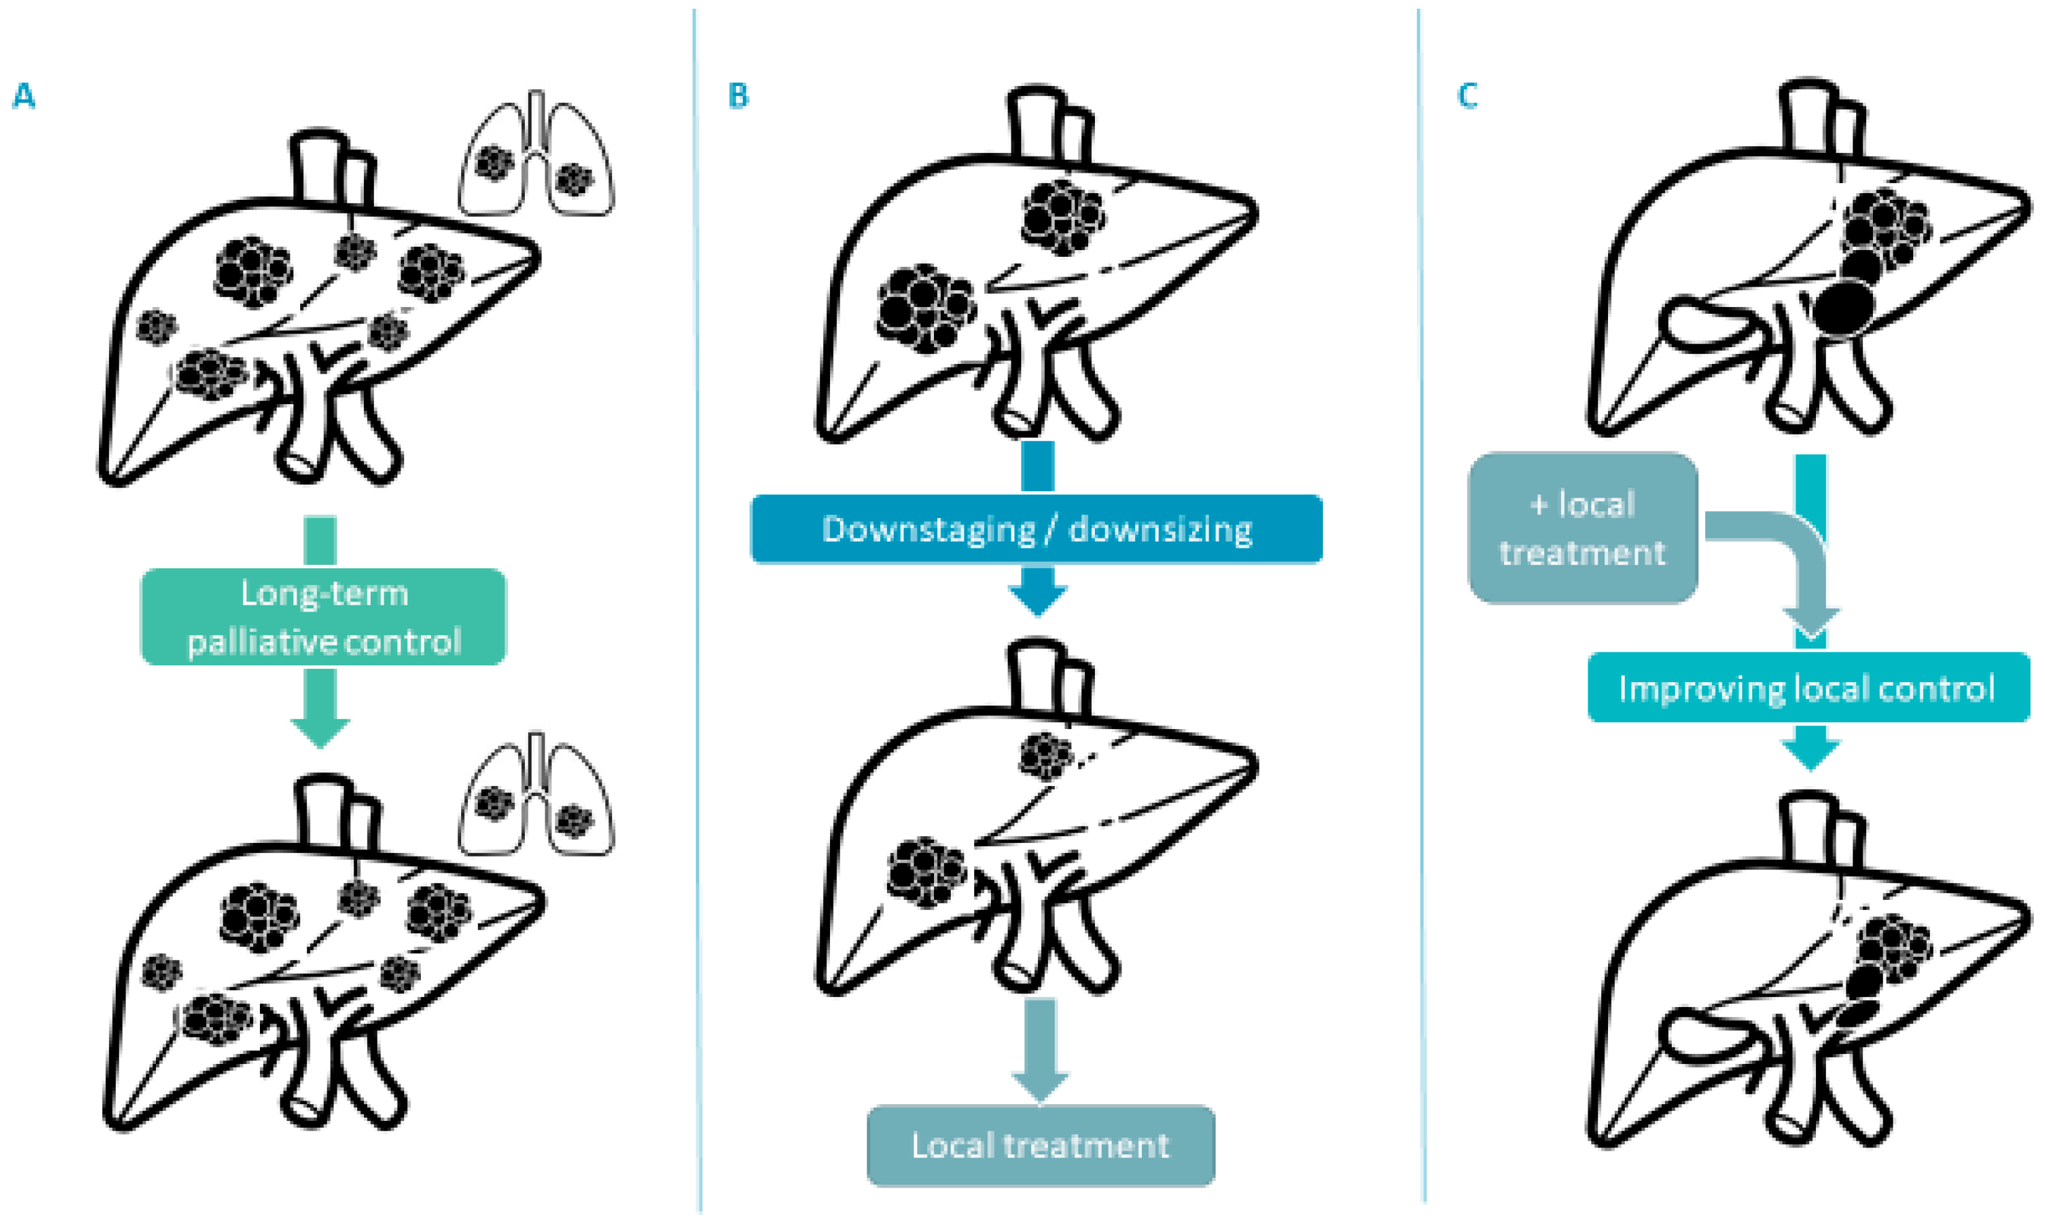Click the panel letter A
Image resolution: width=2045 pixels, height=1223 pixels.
click(x=24, y=97)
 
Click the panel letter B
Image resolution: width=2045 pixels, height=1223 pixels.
click(x=738, y=97)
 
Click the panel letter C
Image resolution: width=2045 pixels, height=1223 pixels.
click(x=1468, y=97)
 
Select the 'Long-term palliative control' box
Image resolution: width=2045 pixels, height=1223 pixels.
click(x=323, y=616)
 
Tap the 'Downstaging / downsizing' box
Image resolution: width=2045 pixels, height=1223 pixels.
click(x=1037, y=529)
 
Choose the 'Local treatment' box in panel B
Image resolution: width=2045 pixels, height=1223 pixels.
click(x=1040, y=1145)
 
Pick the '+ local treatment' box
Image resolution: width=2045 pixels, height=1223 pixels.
click(x=1582, y=527)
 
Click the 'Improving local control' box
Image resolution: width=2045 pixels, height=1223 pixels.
click(x=1808, y=688)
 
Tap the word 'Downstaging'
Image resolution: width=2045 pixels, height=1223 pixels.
click(x=928, y=529)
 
